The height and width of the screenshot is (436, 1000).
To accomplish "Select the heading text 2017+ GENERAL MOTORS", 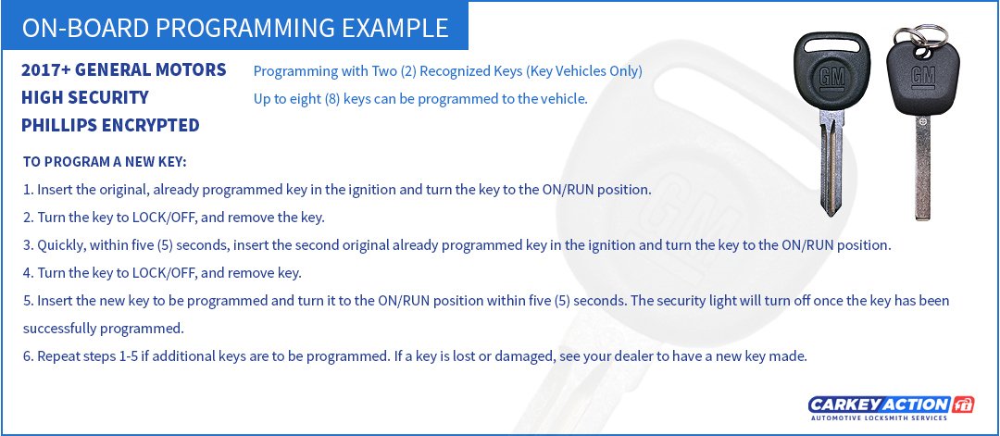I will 124,70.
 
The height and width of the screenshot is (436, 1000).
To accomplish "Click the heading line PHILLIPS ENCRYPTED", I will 110,125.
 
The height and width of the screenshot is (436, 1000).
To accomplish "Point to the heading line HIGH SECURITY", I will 85,97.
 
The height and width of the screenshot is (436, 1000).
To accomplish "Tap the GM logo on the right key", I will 922,79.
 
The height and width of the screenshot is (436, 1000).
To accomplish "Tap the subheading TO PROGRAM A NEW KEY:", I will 105,162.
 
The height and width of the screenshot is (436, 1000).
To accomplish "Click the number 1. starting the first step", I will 28,190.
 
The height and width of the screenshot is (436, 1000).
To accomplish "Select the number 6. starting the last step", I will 28,355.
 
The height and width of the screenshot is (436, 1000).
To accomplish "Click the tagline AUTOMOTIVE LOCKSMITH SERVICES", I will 876,418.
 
